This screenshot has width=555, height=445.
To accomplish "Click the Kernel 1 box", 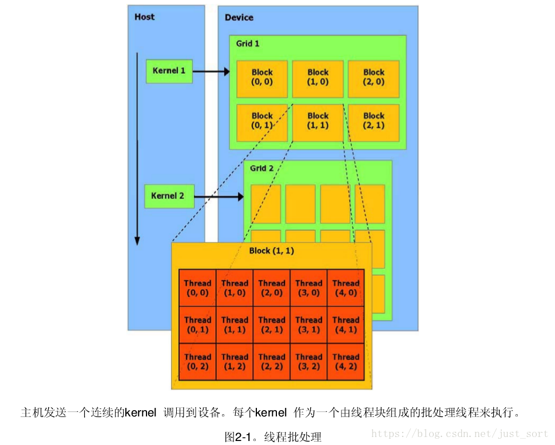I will [x=169, y=71].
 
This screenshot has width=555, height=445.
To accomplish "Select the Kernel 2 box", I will [x=168, y=196].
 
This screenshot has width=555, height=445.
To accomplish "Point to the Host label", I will [x=144, y=17].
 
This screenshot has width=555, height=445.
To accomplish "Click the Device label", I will [x=239, y=18].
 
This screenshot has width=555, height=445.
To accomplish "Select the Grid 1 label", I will [x=248, y=43].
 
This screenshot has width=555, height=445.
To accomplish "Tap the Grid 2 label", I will [x=262, y=168].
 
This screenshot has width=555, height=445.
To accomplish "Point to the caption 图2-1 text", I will [x=273, y=437].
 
